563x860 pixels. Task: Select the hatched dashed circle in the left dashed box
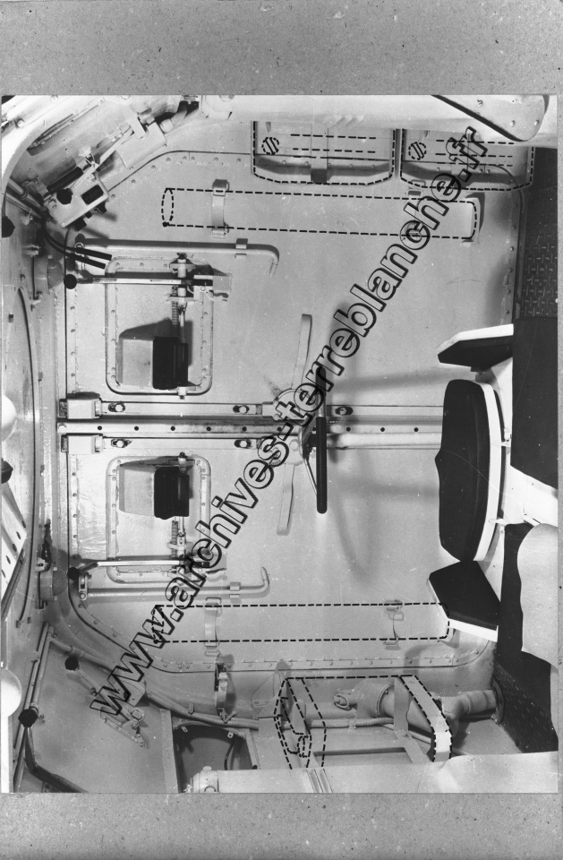tap(270, 145)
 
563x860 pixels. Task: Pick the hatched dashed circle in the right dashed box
tap(417, 150)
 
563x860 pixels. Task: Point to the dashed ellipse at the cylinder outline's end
tap(167, 207)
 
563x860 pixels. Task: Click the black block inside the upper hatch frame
tap(170, 363)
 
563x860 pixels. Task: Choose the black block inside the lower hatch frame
tap(172, 492)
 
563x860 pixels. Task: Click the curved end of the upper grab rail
tap(272, 259)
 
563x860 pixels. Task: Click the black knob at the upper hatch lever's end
tap(70, 281)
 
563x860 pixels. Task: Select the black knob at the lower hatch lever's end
tap(73, 573)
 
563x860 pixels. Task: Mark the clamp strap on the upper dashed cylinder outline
tap(219, 209)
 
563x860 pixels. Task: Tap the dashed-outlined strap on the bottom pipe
tap(426, 718)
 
